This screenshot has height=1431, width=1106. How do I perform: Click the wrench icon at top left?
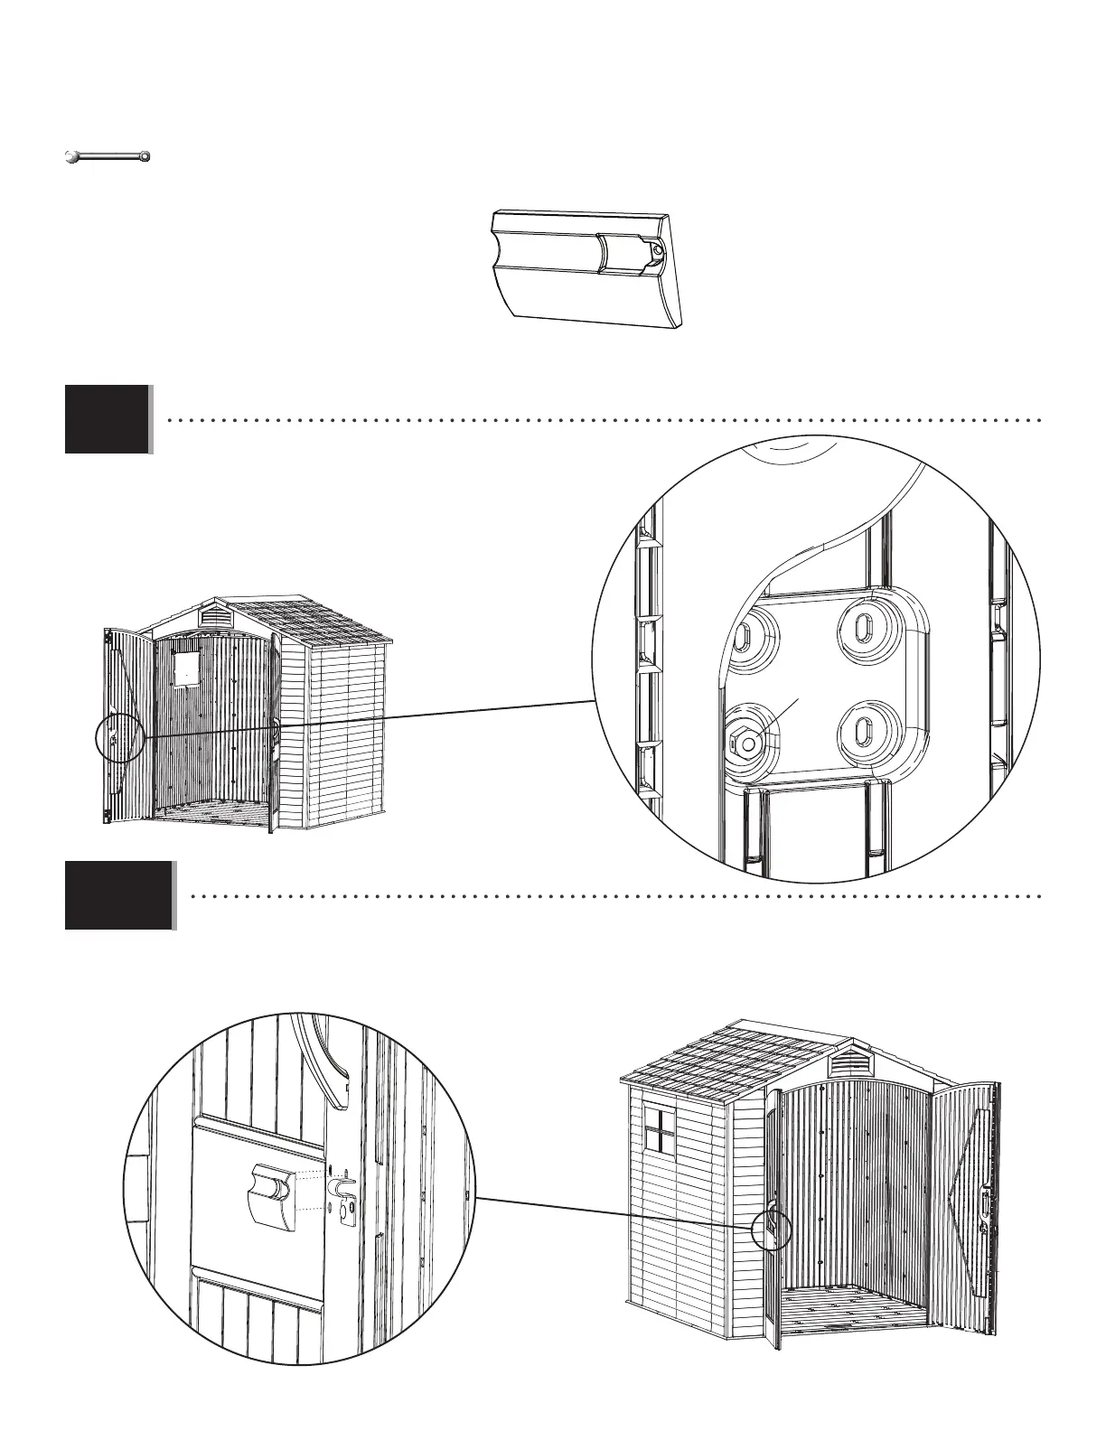(108, 157)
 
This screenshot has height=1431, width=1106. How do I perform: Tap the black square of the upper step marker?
(107, 419)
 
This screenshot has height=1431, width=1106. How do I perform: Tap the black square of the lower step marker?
(117, 895)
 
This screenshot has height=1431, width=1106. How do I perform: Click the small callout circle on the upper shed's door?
(119, 738)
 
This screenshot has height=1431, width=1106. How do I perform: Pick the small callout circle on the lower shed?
(771, 1229)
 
